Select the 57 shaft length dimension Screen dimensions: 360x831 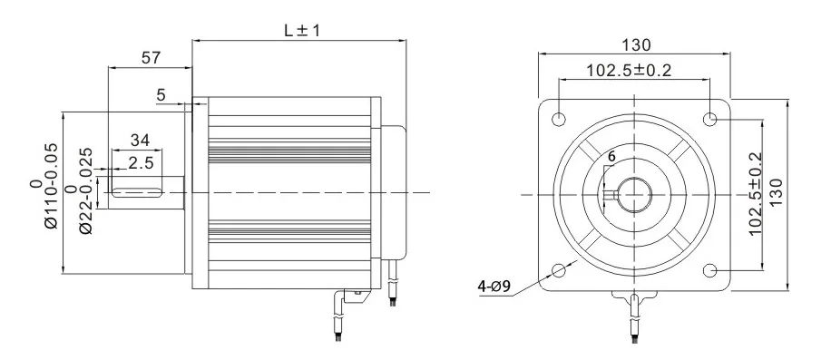pos(151,58)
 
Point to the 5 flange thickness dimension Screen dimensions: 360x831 pos(161,93)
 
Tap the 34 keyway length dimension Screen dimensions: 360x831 pos(140,140)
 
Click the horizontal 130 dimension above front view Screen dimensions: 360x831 pos(635,44)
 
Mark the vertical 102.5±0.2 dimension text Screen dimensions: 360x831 pos(755,194)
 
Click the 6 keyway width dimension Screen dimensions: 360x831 pos(611,157)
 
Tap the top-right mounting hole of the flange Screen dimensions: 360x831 pos(710,119)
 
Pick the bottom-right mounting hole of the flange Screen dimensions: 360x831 pos(710,270)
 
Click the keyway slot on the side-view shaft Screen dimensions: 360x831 pos(141,191)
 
